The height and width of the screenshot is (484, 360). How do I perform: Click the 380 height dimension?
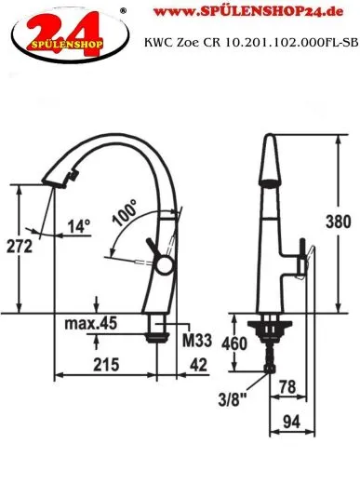coord(339,222)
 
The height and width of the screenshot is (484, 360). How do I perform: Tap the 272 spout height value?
coord(20,247)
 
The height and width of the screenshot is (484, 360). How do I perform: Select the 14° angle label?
coord(79,226)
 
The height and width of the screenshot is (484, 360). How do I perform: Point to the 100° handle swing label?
coord(125,213)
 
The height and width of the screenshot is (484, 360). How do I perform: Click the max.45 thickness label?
coord(91,323)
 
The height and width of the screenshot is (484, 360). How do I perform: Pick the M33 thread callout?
coord(197,341)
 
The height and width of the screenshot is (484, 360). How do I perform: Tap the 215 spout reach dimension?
coord(106,364)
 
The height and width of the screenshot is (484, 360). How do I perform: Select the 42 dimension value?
coord(198,365)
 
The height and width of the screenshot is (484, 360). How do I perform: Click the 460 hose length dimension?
coord(234,343)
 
